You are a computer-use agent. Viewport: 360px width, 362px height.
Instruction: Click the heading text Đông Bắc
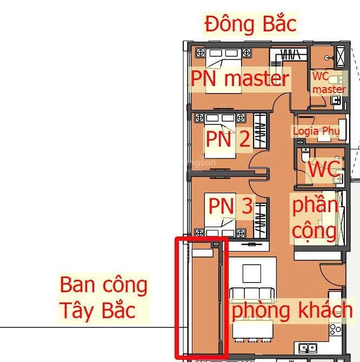click(250, 24)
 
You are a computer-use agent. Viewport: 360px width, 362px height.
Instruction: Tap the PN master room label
click(240, 79)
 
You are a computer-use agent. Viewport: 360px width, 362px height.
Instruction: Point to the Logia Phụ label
click(316, 131)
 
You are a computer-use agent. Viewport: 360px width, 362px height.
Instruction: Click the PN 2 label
click(228, 140)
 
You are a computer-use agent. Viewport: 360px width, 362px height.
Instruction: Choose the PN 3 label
click(230, 206)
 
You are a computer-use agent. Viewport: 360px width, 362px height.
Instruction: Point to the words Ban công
click(103, 285)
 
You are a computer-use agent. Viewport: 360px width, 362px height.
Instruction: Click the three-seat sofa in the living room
click(252, 295)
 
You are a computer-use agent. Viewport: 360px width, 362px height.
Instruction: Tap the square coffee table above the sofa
click(252, 272)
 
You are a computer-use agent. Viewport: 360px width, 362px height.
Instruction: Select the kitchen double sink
click(308, 348)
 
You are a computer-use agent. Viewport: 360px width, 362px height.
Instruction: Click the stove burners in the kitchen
click(336, 328)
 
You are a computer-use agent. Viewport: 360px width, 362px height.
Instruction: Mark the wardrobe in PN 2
click(260, 130)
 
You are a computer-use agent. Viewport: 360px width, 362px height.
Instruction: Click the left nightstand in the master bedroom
click(199, 53)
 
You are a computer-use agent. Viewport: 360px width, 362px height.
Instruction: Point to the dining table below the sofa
click(252, 329)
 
